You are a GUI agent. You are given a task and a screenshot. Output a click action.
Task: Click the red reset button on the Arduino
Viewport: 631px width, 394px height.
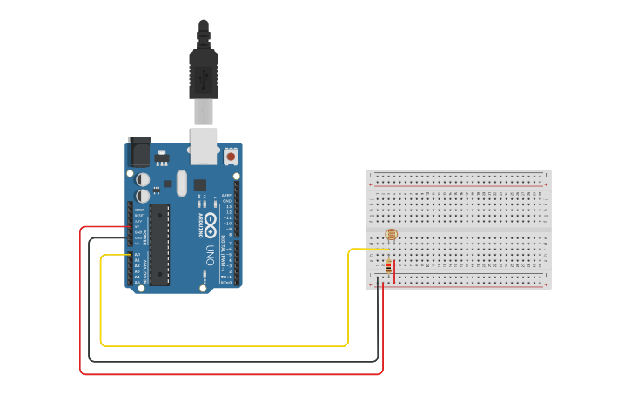tap(231, 157)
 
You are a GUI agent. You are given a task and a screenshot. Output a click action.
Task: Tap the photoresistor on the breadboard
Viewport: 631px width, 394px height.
tap(391, 235)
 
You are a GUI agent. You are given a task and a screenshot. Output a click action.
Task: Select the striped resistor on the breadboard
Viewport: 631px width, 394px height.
tap(388, 266)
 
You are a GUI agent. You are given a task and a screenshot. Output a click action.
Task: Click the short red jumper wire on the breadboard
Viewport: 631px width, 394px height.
tap(395, 270)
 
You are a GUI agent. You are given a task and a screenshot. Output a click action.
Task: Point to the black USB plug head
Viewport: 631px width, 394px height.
tap(203, 74)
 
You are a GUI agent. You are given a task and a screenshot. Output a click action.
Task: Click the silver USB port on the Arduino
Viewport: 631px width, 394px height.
tap(203, 145)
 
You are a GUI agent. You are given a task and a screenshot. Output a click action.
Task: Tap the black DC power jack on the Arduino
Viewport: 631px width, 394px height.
tap(138, 153)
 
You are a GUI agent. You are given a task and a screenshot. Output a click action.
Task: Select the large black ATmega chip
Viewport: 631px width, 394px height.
tap(159, 244)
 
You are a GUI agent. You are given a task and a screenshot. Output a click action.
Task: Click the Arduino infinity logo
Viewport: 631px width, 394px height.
tap(210, 225)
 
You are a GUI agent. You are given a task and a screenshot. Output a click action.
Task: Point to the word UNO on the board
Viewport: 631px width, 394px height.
tap(210, 256)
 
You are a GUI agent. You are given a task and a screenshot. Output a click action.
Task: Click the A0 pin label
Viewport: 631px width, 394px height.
tap(138, 255)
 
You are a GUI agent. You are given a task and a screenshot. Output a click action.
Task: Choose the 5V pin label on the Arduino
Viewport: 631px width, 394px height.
tap(138, 227)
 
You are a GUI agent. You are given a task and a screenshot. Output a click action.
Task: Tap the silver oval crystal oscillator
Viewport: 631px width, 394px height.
tap(181, 183)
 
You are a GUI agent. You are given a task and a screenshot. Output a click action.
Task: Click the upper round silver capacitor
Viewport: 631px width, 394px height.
tap(143, 178)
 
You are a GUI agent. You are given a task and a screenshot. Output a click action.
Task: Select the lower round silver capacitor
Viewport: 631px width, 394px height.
tap(143, 195)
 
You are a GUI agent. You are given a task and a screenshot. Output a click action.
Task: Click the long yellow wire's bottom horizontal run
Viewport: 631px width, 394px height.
tap(226, 345)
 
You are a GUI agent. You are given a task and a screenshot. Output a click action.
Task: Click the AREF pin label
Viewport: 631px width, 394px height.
tap(226, 195)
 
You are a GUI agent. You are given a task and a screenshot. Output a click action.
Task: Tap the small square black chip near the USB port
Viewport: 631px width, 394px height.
tap(199, 184)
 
